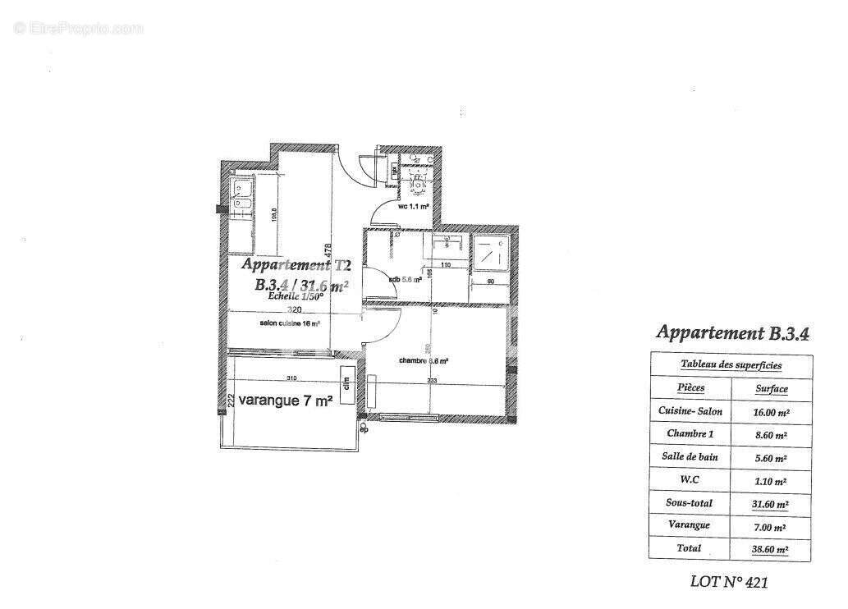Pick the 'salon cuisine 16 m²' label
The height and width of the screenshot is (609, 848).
tap(289, 324)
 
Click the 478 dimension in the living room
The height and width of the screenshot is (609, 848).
tap(328, 249)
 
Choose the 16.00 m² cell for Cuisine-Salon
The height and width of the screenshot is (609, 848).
tap(770, 414)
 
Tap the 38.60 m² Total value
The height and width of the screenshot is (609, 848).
tap(770, 548)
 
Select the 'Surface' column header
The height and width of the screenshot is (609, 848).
tap(771, 389)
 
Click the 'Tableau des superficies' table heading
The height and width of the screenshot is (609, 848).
tap(731, 365)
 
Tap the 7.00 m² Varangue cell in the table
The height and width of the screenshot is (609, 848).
tap(770, 525)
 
